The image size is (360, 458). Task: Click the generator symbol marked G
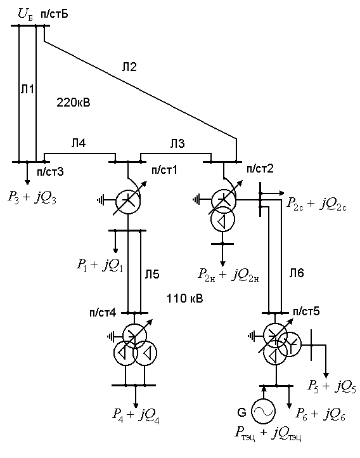(264, 412)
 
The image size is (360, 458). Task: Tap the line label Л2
(129, 67)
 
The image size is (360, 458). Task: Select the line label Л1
(27, 89)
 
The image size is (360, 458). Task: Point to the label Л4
(78, 143)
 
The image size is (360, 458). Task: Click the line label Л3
(177, 143)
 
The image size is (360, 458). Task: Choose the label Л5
(152, 274)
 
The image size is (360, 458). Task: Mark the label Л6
(297, 273)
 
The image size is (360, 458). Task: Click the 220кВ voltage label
(74, 103)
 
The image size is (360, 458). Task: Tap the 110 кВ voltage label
(184, 298)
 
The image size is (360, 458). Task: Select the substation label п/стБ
(55, 14)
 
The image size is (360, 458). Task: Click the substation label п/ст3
(50, 172)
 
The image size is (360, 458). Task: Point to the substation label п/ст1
(164, 170)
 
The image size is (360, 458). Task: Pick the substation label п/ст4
(103, 313)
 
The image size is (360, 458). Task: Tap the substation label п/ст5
(306, 311)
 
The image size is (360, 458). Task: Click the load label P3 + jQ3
(32, 197)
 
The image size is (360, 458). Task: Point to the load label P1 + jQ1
(100, 266)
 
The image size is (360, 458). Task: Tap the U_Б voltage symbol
(25, 15)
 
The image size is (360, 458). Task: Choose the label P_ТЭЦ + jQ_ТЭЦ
(268, 434)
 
